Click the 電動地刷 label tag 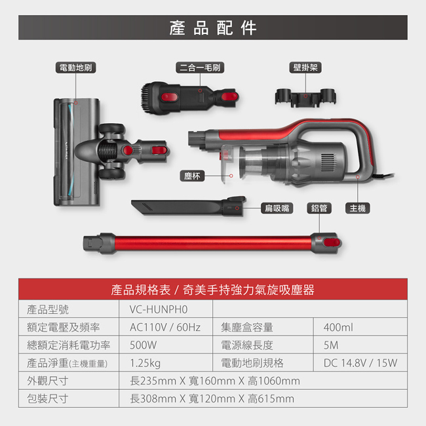(76, 68)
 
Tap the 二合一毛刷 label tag (200, 68)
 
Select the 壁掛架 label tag (305, 68)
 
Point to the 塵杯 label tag (192, 176)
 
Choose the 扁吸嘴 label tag (277, 208)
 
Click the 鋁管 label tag (319, 208)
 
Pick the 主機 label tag (358, 208)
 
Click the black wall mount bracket (305, 97)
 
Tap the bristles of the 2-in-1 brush (146, 98)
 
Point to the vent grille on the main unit (328, 162)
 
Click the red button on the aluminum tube (332, 243)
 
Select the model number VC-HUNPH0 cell (159, 309)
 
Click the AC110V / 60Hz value (165, 328)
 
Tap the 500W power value (143, 345)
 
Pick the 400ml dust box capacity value (338, 328)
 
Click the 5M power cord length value (331, 345)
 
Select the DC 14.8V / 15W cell (360, 363)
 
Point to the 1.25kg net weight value (145, 363)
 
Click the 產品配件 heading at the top (213, 28)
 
